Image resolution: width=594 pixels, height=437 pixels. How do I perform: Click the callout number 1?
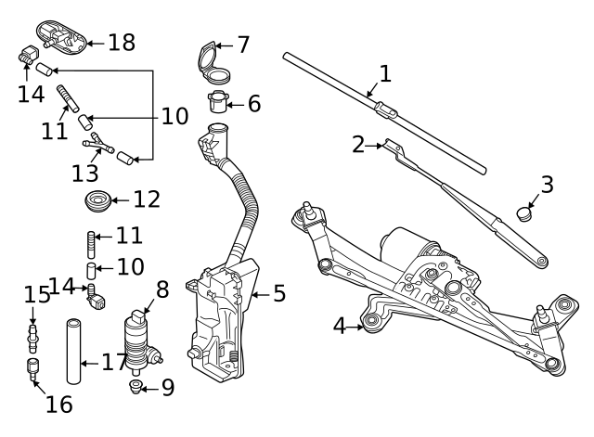coord(385,72)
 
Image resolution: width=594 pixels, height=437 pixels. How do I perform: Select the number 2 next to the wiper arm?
coord(359,144)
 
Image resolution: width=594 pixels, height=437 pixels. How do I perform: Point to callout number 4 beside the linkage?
coord(340,326)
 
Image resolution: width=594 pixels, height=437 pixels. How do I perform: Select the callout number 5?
coord(278,295)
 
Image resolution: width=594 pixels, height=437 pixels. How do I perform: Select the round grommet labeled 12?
coord(96,199)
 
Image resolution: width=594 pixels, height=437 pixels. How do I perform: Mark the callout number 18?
coord(121,42)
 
